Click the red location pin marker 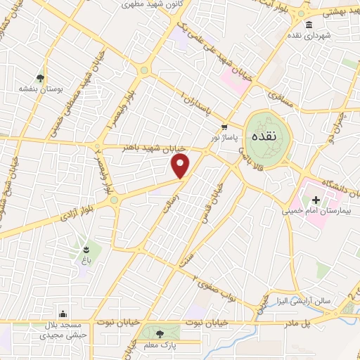(181, 166)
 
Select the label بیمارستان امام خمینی (315, 209)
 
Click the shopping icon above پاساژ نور (224, 127)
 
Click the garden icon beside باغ (86, 248)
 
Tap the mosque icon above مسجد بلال (63, 314)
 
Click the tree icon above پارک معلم (160, 333)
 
